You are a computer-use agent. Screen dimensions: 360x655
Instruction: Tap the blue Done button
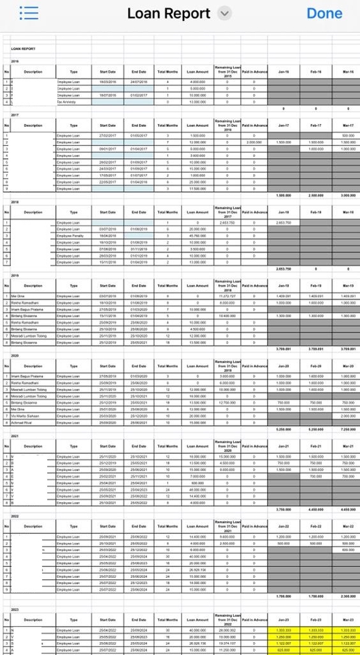click(x=324, y=13)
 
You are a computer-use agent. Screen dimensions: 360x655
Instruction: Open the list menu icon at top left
click(x=29, y=13)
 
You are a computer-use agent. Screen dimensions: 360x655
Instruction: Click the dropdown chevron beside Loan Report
click(x=224, y=14)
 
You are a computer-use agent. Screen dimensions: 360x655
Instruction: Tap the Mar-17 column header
click(x=348, y=125)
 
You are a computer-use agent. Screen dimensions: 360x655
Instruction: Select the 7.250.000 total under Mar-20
click(x=348, y=429)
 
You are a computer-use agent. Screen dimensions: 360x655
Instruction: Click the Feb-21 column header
click(x=316, y=446)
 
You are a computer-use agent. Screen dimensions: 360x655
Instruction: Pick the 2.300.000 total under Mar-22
click(x=348, y=596)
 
